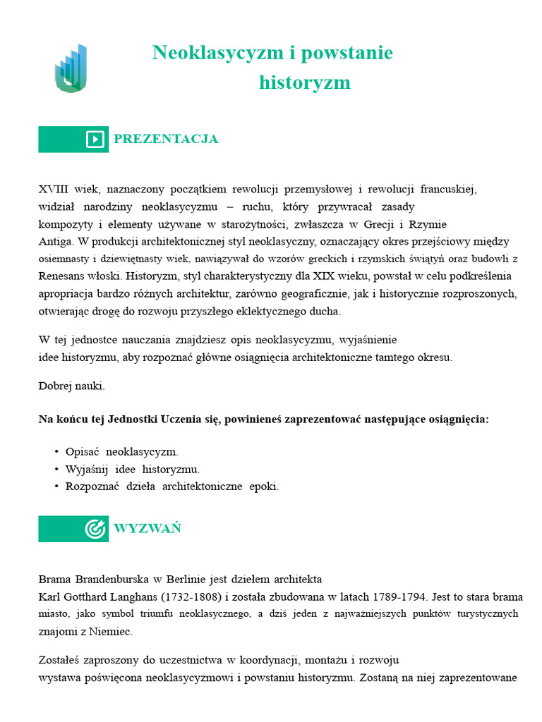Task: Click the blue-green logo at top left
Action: point(71,69)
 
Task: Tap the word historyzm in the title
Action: point(304,82)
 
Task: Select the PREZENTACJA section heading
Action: point(166,139)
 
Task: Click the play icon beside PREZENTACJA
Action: point(95,140)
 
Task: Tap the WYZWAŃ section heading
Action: point(147,528)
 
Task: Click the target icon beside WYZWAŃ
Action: point(95,529)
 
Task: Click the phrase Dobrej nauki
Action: point(71,386)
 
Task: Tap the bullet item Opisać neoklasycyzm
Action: point(121,452)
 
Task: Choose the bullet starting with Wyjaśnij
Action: point(133,469)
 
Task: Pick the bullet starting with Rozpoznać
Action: point(172,486)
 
